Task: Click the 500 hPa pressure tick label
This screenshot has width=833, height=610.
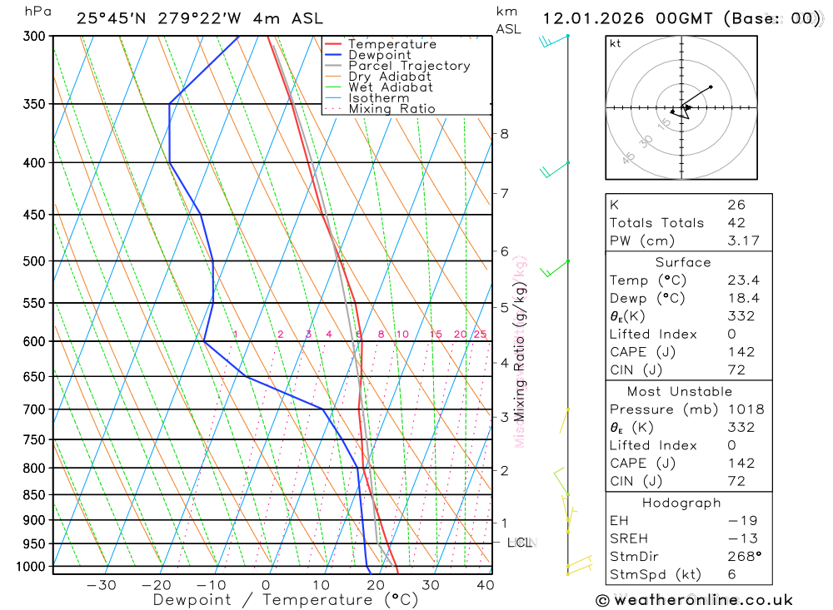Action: pos(35,261)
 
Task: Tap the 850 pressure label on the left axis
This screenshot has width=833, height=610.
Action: pos(35,495)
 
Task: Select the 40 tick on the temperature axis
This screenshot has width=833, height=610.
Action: pos(486,585)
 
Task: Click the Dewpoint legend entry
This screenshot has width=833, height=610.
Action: pos(379,55)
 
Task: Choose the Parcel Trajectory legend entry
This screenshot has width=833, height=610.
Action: pos(409,66)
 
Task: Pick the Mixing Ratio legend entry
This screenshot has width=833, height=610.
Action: pos(392,109)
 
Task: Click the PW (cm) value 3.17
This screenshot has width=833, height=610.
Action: pos(736,241)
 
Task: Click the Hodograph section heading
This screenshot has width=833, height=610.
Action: pos(682,503)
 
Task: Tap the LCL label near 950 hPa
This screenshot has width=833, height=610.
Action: pos(520,543)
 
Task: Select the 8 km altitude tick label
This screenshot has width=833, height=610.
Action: pos(504,134)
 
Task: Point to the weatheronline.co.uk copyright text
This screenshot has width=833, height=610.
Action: pos(694,600)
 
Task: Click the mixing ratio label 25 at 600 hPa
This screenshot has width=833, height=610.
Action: pos(480,335)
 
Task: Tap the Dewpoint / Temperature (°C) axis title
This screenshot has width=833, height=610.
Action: pos(285,600)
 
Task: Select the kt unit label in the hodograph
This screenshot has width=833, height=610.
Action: pos(616,43)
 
